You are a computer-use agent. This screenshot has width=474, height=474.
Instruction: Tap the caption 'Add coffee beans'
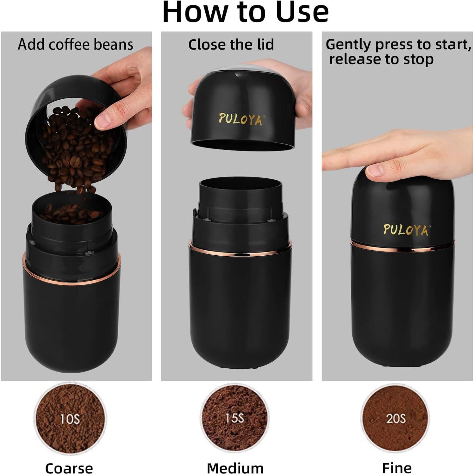[75, 44]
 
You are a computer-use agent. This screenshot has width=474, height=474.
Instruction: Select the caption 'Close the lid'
[231, 44]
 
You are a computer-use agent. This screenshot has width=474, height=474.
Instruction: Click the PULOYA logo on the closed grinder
[406, 230]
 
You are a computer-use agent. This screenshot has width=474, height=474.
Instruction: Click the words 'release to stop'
[381, 59]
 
